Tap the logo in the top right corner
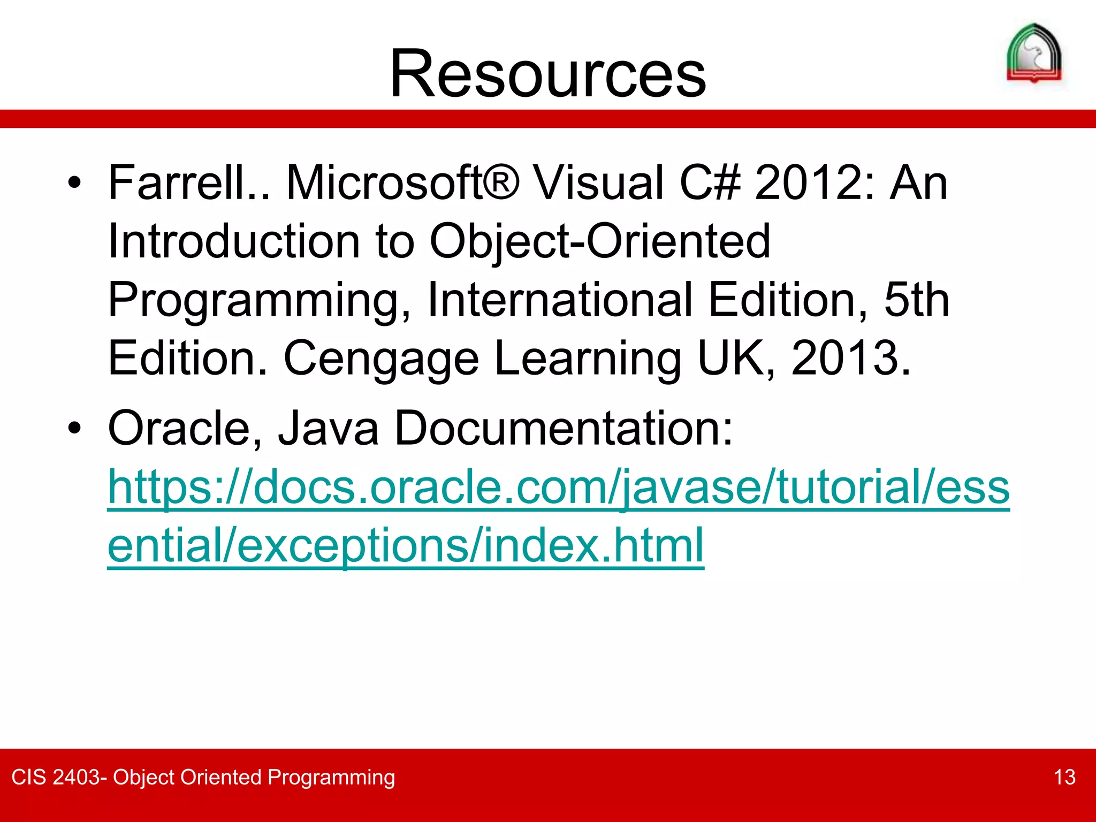[x=1034, y=54]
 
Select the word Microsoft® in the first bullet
[x=402, y=183]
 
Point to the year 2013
[x=850, y=359]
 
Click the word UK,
[x=736, y=359]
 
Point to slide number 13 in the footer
[x=1064, y=777]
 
